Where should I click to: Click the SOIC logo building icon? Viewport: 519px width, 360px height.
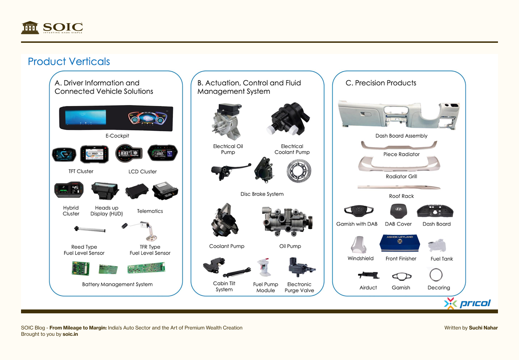pos(30,27)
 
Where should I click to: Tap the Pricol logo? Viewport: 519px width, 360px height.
pos(468,303)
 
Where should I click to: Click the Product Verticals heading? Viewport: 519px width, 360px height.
pos(69,61)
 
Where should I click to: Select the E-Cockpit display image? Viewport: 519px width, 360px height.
pos(116,118)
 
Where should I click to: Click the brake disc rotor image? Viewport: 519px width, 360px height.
pos(298,171)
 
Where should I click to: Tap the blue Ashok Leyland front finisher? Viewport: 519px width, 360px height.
pos(400,242)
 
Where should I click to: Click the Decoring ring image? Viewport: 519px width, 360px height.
pos(436,275)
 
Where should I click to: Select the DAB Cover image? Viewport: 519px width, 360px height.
pos(398,211)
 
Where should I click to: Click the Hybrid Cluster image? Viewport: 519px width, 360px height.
pos(69,190)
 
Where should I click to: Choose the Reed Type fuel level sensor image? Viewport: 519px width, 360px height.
pos(90,230)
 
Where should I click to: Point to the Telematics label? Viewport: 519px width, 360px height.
pos(150,211)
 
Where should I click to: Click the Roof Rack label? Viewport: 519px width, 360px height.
pos(401,196)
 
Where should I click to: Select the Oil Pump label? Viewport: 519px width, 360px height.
pos(290,246)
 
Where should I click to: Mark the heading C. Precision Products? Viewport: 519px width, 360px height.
pos(381,83)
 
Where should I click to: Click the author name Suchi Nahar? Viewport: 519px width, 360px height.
pos(483,328)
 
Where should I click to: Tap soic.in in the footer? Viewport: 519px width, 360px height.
pos(70,334)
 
